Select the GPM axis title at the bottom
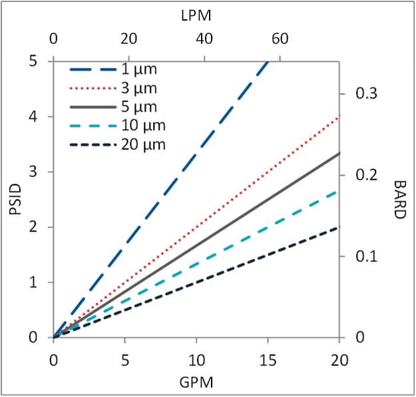click(196, 384)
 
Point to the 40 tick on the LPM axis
click(205, 39)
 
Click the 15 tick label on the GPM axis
click(268, 360)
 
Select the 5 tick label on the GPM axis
click(124, 360)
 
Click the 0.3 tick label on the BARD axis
click(359, 94)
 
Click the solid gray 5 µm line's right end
click(339, 154)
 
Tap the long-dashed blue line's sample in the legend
click(89, 68)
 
